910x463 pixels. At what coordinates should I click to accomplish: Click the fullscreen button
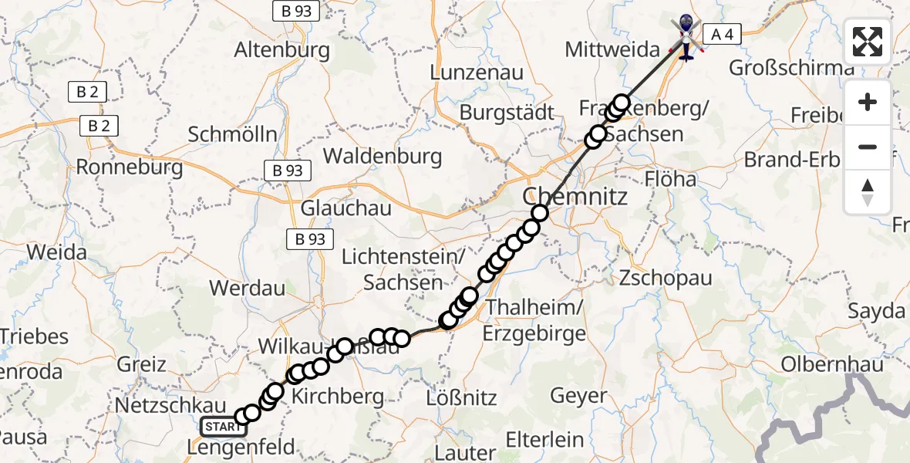coord(868,42)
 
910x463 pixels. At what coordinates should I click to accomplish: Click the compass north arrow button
coord(868,192)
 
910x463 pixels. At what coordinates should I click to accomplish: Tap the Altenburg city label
coord(281,51)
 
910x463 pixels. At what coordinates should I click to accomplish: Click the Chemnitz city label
coord(575,196)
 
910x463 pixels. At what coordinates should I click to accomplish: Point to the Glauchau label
coord(345,208)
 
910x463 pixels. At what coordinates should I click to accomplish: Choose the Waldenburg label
coord(383,157)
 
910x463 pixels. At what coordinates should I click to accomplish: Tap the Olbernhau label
coord(833,364)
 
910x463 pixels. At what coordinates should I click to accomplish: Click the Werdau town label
coord(247,289)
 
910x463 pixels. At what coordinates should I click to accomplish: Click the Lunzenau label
coord(477,73)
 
